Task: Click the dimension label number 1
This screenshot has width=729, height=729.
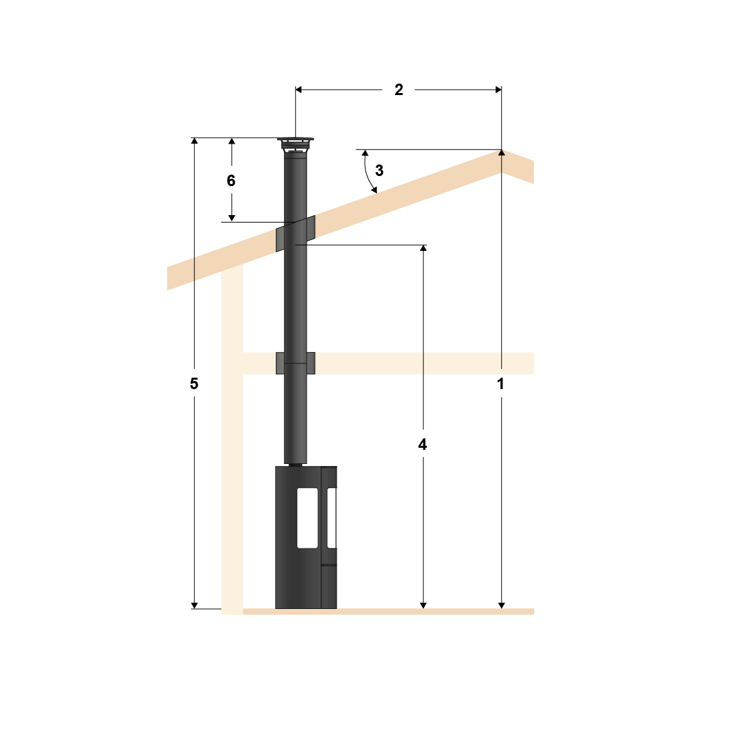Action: click(501, 384)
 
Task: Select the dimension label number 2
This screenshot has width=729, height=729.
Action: click(399, 90)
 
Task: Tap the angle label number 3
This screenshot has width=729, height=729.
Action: click(380, 171)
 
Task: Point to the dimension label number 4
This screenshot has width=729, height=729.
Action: click(423, 444)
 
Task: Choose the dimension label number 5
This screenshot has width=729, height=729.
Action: click(194, 384)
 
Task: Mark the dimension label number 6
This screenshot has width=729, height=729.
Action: click(231, 181)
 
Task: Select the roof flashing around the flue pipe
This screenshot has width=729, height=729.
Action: click(295, 233)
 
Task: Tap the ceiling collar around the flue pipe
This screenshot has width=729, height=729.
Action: click(295, 363)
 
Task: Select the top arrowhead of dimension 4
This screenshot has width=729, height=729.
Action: click(423, 249)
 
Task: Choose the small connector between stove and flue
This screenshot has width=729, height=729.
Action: click(295, 464)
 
